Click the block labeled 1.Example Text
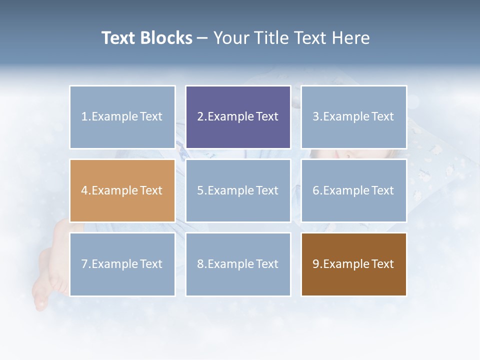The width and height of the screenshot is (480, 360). click(122, 117)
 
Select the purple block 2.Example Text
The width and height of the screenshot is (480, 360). click(238, 117)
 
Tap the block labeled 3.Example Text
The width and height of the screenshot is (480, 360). click(354, 117)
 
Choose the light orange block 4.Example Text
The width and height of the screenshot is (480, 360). click(122, 190)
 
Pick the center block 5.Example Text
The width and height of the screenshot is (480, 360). click(238, 190)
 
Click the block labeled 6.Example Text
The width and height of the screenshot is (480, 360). click(354, 190)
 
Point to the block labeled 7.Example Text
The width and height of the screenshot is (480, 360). click(122, 264)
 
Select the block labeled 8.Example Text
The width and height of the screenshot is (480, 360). click(238, 264)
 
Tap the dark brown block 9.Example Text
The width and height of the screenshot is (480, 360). click(354, 264)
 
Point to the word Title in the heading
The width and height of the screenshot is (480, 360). click(270, 38)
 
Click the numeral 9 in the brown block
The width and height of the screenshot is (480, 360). click(316, 264)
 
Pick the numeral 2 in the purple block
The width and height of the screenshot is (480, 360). click(200, 117)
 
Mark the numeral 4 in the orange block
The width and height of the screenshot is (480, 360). click(84, 190)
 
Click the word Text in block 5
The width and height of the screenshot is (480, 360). click(267, 190)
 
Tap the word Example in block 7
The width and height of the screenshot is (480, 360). click(113, 264)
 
